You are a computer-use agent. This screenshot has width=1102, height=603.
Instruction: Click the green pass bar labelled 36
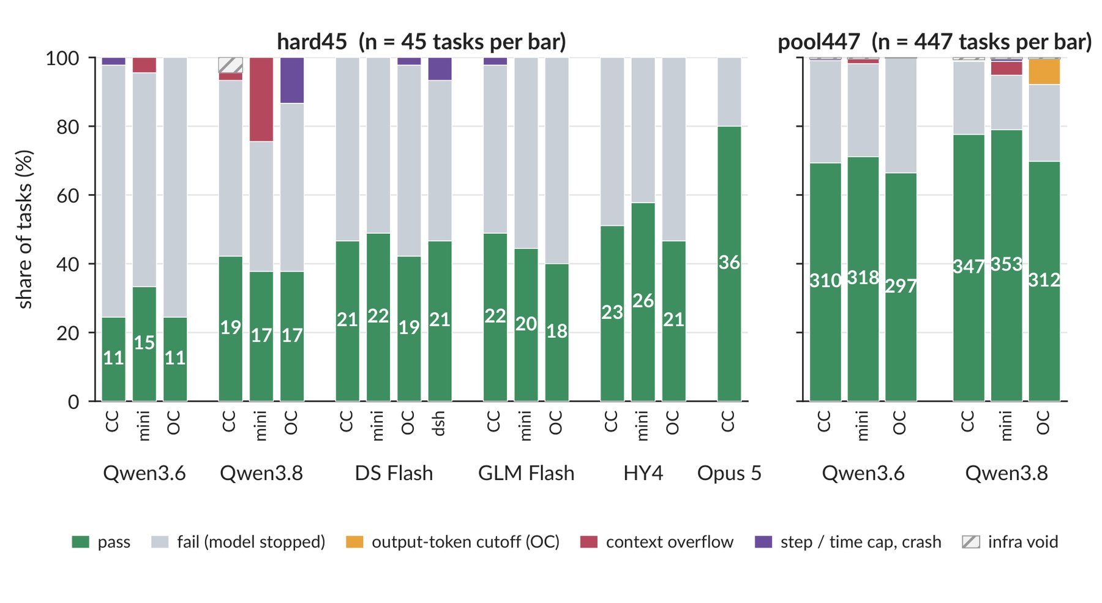pos(729,264)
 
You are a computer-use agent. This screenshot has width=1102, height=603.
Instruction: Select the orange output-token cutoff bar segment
pos(1044,72)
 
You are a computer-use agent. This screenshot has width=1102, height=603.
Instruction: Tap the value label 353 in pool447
pos(1006,264)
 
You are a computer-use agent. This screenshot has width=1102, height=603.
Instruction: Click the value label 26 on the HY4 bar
pos(643,301)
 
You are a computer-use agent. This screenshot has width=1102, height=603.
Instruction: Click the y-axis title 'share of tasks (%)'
pos(24,230)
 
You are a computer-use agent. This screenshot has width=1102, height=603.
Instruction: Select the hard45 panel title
pos(421,42)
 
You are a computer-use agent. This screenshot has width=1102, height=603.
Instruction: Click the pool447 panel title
pos(934,42)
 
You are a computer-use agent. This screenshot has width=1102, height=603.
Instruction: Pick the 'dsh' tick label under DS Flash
pos(438,424)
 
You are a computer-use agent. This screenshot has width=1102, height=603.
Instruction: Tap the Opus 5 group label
pos(729,473)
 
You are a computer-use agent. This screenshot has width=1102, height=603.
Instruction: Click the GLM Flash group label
pos(526,473)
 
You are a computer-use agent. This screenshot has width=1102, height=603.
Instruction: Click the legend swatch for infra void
pos(971,542)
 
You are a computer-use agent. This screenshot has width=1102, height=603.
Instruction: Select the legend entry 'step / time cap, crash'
pos(848,542)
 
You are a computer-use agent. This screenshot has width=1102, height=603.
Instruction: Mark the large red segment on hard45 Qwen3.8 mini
pos(261,100)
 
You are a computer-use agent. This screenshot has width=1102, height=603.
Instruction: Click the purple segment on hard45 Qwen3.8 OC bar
pos(292,80)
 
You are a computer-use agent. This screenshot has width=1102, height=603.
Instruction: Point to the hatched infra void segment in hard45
pos(230,66)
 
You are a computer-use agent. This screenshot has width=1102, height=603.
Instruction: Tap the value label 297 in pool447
pos(901,286)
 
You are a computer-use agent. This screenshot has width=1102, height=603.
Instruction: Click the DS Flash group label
pos(394,473)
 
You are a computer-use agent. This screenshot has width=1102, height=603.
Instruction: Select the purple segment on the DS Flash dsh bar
pos(440,69)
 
